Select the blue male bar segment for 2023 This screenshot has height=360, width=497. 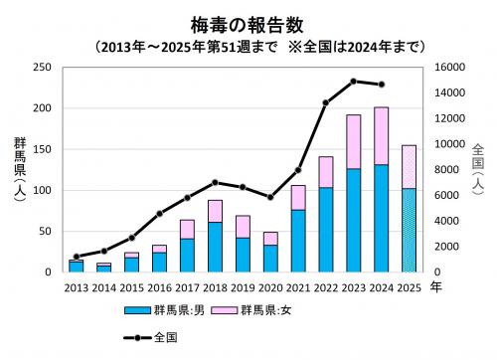tap(353, 220)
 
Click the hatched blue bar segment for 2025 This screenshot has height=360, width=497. tap(409, 230)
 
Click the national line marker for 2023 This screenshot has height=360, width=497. tap(353, 82)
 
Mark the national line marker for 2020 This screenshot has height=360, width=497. tap(270, 198)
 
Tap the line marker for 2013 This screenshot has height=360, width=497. tap(77, 257)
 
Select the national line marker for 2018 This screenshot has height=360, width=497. tap(215, 183)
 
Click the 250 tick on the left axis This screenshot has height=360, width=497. tap(42, 68)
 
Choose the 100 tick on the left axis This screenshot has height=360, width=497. tap(42, 190)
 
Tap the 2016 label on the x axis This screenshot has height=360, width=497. tap(159, 287)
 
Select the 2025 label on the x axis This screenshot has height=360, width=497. tap(409, 287)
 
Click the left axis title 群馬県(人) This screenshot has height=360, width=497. tap(19, 169)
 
